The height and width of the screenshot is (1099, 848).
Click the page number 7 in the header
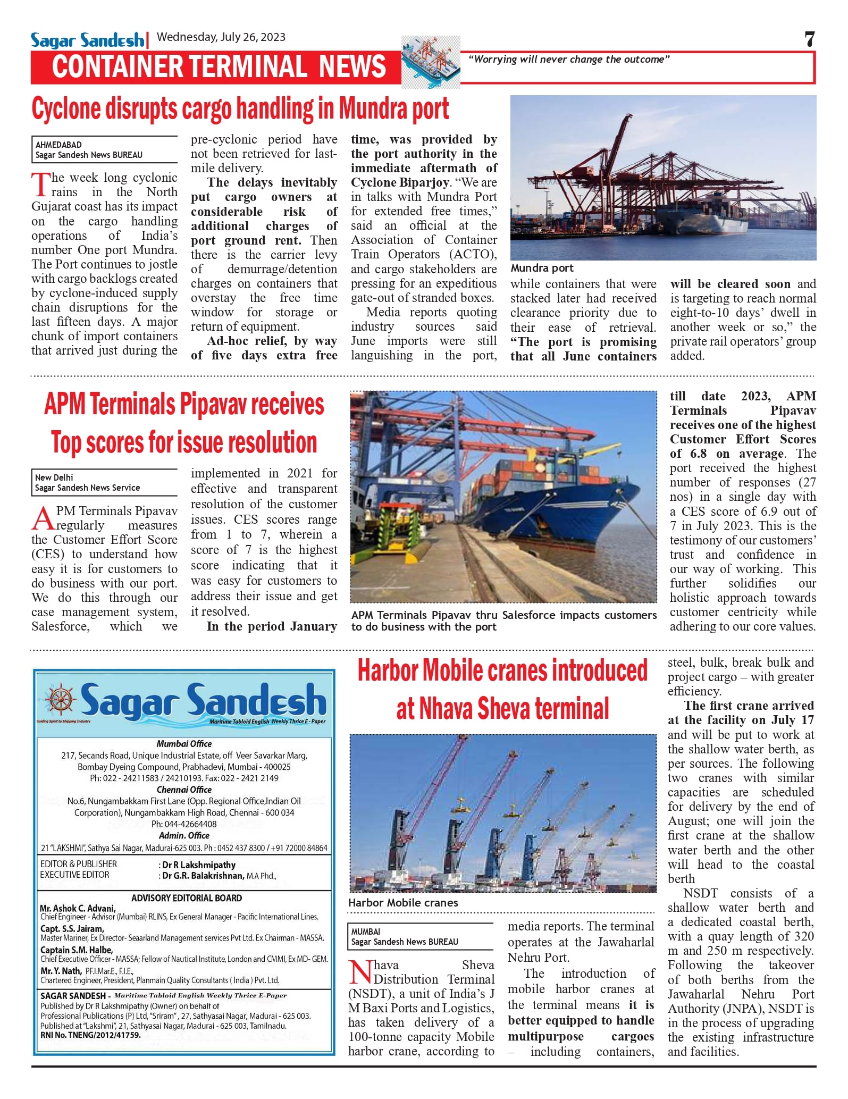click(809, 39)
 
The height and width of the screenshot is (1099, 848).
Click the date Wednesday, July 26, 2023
click(221, 37)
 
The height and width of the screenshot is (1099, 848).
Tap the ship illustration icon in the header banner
click(431, 62)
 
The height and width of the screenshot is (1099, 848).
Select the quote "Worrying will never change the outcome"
click(568, 60)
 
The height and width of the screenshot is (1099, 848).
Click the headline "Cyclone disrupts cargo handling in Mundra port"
click(240, 109)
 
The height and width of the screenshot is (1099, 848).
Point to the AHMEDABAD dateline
click(58, 145)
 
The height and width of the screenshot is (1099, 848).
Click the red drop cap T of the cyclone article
click(40, 185)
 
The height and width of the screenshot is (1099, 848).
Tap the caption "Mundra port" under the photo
click(542, 269)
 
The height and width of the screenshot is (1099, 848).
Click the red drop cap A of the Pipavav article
click(43, 518)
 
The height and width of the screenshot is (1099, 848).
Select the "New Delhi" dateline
click(54, 477)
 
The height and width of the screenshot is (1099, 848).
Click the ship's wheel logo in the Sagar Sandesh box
click(61, 698)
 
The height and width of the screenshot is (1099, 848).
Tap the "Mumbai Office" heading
click(184, 744)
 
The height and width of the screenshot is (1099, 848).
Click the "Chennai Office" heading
click(184, 790)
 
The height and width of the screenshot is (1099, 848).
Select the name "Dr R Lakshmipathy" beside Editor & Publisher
click(199, 865)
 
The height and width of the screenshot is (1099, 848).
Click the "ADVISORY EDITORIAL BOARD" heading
click(187, 898)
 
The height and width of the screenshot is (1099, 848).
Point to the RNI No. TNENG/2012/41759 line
click(90, 1035)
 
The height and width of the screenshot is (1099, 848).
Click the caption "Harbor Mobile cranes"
click(403, 903)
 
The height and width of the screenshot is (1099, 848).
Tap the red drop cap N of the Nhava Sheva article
click(360, 972)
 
